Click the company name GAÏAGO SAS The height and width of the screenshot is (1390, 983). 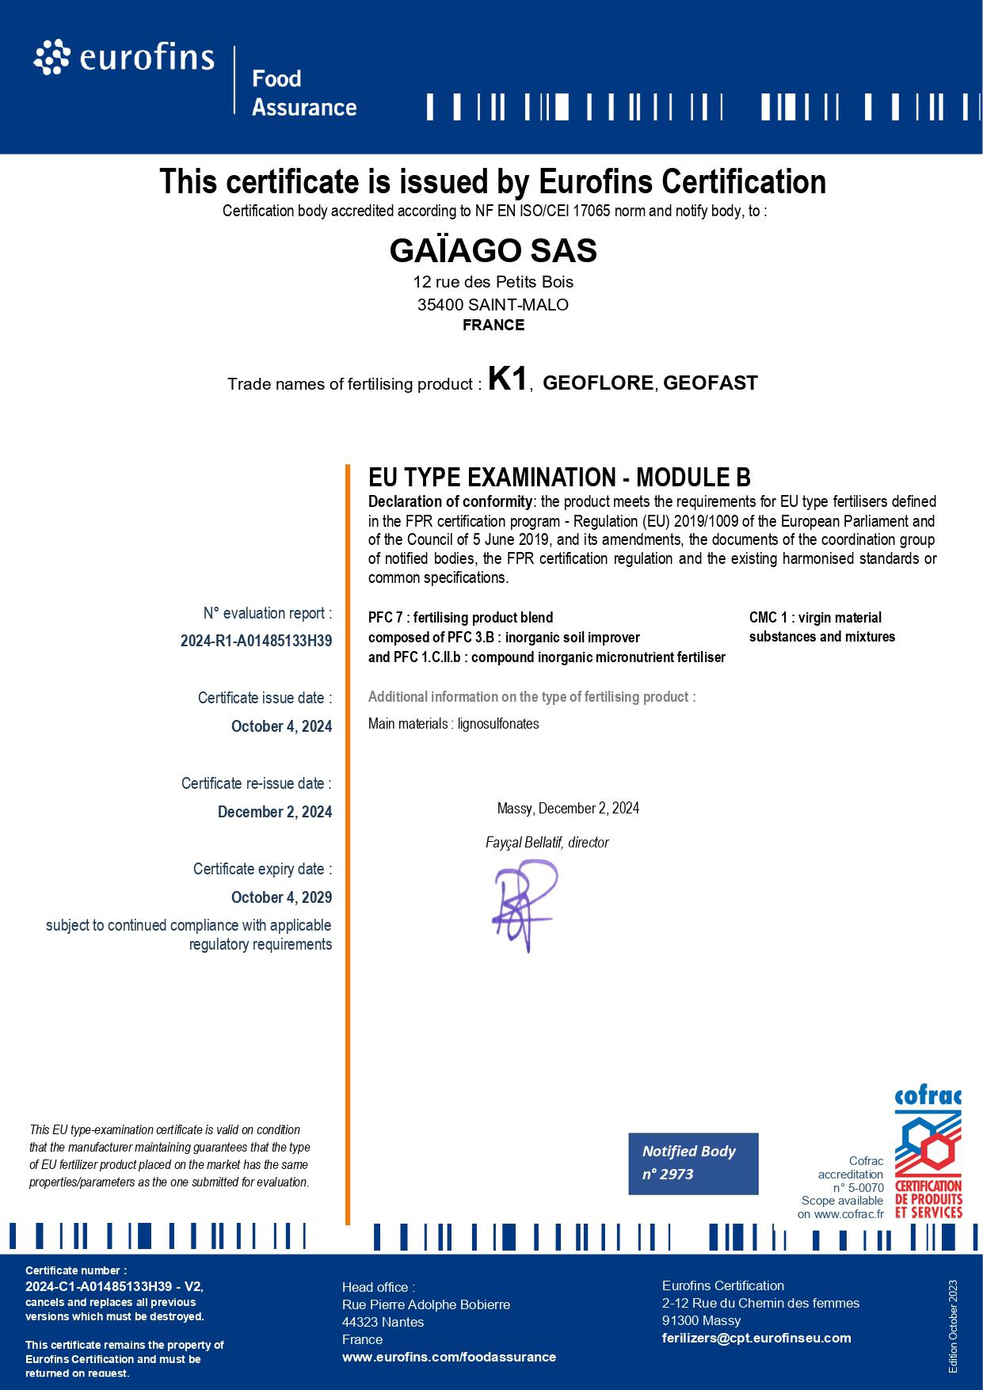click(493, 251)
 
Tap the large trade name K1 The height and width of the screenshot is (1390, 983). click(508, 379)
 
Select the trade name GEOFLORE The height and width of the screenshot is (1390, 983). click(598, 383)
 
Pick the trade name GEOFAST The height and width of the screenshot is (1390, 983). click(710, 383)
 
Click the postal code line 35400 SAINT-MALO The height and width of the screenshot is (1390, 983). click(493, 305)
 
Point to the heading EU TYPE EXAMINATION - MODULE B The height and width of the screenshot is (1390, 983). click(559, 478)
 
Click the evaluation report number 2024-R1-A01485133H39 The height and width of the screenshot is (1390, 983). click(256, 642)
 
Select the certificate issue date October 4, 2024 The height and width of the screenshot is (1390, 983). click(281, 726)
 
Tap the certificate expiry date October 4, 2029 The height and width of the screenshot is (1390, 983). click(281, 897)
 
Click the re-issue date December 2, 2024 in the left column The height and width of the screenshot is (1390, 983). click(275, 812)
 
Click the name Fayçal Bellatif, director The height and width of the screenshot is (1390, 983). click(547, 843)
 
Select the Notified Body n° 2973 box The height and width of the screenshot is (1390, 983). click(693, 1163)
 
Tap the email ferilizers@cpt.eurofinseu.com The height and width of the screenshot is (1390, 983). click(756, 1338)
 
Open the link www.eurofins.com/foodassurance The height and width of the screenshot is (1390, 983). click(448, 1357)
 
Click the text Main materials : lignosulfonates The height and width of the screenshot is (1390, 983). click(453, 724)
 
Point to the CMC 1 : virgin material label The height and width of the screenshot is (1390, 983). click(815, 618)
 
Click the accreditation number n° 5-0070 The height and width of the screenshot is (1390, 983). click(858, 1188)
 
